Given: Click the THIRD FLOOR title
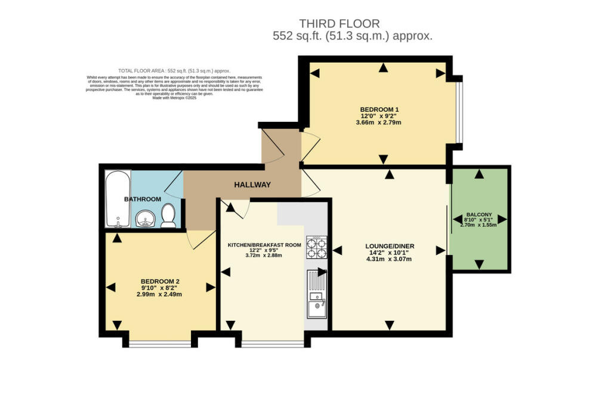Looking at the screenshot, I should tap(339, 24).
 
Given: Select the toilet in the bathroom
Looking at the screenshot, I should tap(168, 216).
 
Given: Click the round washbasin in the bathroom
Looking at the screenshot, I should tap(144, 220).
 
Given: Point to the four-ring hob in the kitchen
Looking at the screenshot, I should tap(316, 247).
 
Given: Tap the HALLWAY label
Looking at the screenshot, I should tap(253, 185).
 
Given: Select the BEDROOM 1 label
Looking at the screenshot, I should tap(379, 109).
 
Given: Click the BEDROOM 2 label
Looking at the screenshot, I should tap(160, 281).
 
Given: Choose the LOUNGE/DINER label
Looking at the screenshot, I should tap(390, 246).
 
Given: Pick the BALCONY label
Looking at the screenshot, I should tap(479, 214).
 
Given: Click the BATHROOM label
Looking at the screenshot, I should tap(143, 199).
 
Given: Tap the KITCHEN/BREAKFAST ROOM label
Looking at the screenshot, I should tap(263, 245).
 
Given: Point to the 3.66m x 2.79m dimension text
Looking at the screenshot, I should tap(379, 123).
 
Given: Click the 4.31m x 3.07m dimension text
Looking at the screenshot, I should tap(390, 259).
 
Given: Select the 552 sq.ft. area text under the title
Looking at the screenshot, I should tap(352, 36).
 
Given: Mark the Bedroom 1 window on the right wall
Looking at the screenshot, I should tap(458, 111).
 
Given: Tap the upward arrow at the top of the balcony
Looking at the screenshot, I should tap(479, 174).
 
